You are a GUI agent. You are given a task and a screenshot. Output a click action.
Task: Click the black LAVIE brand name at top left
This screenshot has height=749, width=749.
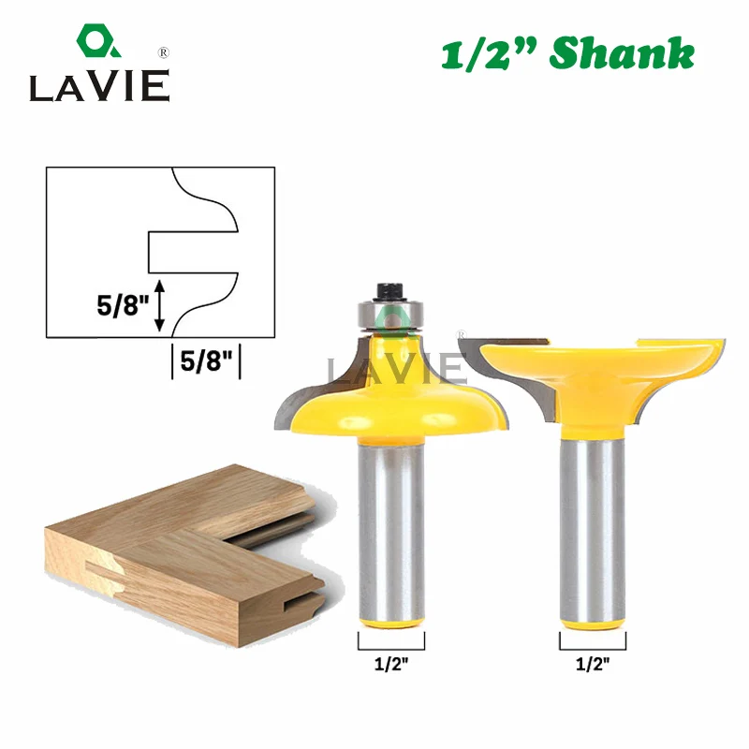pos(100,86)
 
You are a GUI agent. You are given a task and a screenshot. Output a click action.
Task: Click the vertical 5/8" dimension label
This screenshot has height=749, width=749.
pos(124,306)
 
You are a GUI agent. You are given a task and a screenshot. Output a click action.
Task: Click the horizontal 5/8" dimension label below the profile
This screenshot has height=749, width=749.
pos(206,361)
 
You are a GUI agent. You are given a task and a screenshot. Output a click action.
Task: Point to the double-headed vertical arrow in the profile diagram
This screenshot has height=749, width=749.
pos(159,306)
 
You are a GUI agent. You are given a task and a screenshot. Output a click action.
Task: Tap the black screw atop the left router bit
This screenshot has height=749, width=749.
pos(390,291)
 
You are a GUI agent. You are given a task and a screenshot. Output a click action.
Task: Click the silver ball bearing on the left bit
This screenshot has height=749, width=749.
pos(390,316)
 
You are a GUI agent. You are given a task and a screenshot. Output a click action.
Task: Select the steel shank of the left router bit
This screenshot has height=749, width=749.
pos(391,530)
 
